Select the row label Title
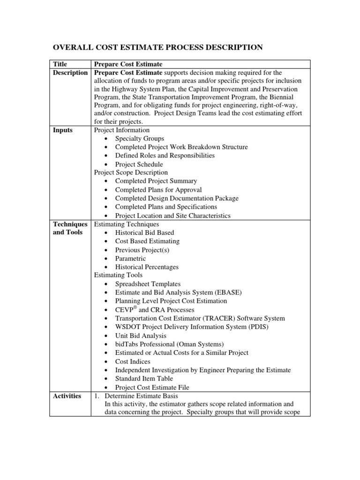[60, 64]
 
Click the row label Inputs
[63, 130]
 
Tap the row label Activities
[67, 396]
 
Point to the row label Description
[70, 73]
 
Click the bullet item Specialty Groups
[140, 139]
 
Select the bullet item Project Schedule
[139, 165]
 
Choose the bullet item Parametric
[130, 258]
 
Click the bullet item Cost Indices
[133, 361]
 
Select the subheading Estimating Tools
[118, 275]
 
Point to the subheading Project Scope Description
[131, 172]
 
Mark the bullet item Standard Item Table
[144, 378]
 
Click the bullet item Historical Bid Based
[144, 232]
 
